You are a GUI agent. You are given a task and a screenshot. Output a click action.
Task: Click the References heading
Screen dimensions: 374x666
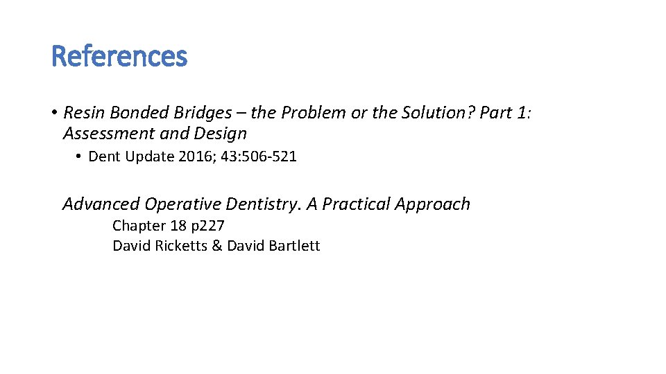coord(119,56)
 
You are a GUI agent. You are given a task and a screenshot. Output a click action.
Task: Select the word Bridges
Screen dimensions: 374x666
coord(194,112)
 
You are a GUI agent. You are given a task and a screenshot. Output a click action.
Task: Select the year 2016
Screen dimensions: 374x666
coord(196,157)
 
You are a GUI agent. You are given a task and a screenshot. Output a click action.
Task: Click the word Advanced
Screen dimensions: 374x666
coord(101,204)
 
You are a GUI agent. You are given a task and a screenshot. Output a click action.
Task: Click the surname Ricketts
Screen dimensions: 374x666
coord(179,246)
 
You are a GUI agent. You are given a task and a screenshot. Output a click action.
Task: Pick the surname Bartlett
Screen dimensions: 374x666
coord(293,246)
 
